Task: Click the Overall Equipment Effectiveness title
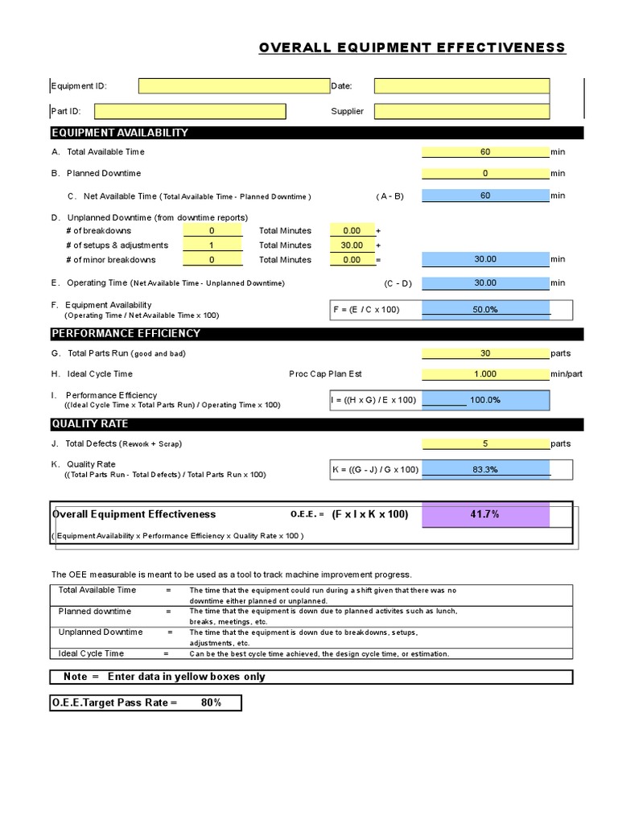(412, 48)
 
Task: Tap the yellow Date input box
(462, 86)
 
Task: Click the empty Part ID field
(212, 111)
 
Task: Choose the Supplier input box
(462, 111)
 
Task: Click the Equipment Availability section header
(119, 133)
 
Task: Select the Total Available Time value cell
(485, 151)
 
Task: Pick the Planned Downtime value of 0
(485, 173)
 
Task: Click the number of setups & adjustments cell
(212, 245)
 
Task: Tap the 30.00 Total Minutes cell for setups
(352, 245)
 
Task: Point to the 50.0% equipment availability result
(485, 309)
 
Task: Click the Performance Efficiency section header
(126, 333)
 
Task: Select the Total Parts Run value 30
(485, 352)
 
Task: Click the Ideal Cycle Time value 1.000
(485, 373)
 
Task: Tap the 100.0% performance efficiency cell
(485, 399)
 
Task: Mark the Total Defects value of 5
(485, 443)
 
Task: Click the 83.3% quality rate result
(485, 469)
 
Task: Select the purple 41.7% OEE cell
(485, 514)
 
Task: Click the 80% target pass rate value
(212, 702)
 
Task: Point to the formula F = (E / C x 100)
(367, 309)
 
